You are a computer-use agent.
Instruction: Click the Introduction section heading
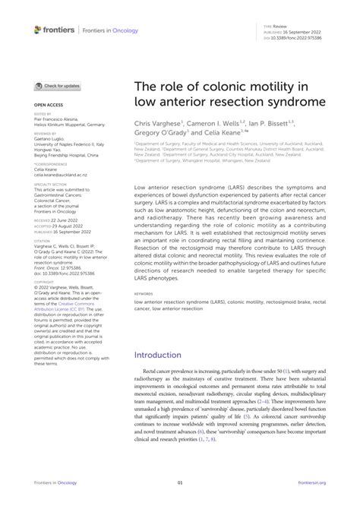[163, 354]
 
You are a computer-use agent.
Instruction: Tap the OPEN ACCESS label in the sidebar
[48, 104]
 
